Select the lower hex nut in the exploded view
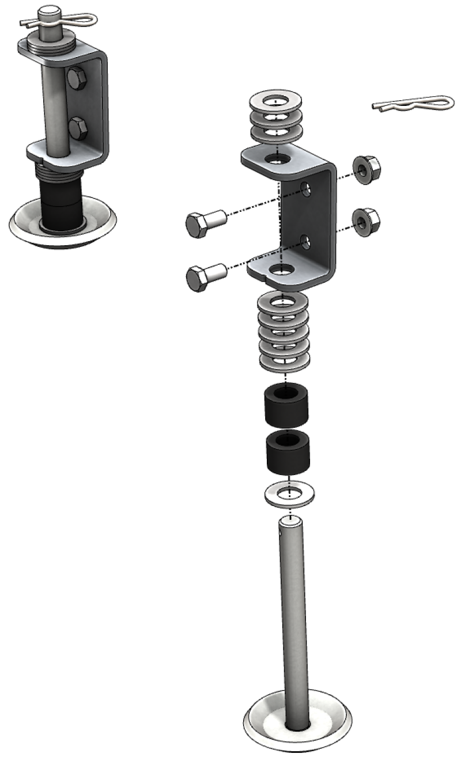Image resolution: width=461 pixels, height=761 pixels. (x=365, y=220)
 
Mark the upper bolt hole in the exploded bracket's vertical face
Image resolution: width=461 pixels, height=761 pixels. (x=305, y=188)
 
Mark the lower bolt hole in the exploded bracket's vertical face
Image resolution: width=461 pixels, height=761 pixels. (x=305, y=241)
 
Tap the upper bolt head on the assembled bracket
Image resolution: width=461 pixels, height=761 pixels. (x=76, y=78)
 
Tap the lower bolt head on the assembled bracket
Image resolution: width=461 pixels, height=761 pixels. (x=77, y=127)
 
